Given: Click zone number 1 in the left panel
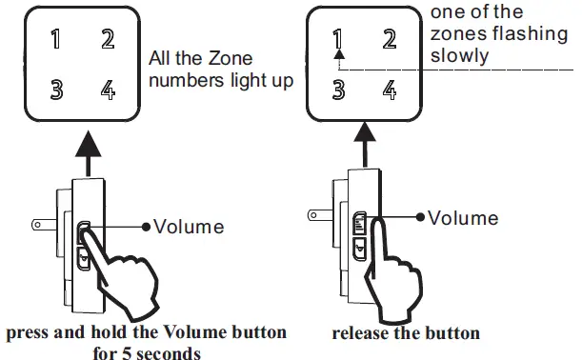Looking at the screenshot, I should pos(56,40).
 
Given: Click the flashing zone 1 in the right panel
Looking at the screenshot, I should pos(336,40).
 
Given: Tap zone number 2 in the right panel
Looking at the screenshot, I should pos(389,40).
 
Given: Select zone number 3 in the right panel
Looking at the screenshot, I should pos(336,91).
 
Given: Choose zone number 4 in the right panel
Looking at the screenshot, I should pos(389,91).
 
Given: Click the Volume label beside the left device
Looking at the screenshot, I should pos(189,227).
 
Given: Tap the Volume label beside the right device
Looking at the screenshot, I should pos(463,218).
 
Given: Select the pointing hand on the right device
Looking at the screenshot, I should pos(401,276).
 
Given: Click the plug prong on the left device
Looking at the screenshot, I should pos(43,227).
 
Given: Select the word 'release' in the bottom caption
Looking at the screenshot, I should pos(361,334).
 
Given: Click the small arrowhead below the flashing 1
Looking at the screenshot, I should pos(337,57).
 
